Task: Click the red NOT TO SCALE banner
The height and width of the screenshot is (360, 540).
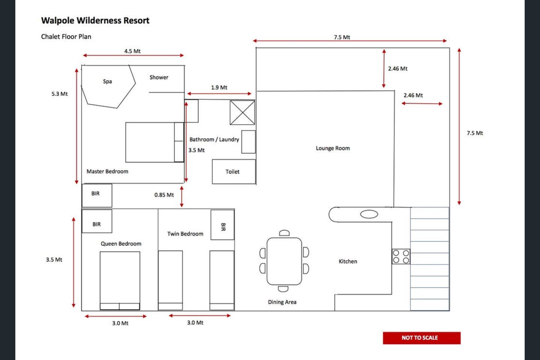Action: [x=421, y=337]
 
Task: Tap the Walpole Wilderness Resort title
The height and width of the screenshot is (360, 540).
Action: [x=95, y=21]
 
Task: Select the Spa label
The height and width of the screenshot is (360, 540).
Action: [x=107, y=81]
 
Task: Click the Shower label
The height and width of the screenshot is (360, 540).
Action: [x=159, y=77]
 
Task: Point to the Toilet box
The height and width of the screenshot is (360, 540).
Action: [x=234, y=172]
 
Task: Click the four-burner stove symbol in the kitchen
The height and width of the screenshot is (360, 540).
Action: [x=401, y=256]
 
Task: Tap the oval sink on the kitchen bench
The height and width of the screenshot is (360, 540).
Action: [x=369, y=214]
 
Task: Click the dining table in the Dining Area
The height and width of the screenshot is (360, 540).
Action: [x=284, y=261]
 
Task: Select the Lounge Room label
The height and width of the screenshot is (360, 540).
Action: [x=333, y=148]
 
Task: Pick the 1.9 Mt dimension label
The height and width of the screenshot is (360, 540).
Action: [x=219, y=87]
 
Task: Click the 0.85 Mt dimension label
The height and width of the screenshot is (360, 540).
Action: [x=164, y=195]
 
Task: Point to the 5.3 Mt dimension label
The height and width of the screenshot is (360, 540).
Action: [x=60, y=94]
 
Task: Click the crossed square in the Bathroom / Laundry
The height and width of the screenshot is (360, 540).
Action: [x=242, y=112]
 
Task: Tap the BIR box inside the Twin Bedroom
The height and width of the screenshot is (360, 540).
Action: [x=222, y=225]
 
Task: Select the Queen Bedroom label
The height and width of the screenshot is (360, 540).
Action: [x=121, y=244]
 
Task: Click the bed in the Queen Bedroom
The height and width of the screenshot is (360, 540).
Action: [x=120, y=280]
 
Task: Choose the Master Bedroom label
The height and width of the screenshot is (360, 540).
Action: [x=107, y=171]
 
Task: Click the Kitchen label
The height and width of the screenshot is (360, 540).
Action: [x=348, y=261]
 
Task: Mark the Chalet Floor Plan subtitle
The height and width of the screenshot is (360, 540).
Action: [x=66, y=37]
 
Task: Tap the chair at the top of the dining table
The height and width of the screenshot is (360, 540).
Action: [x=284, y=233]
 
